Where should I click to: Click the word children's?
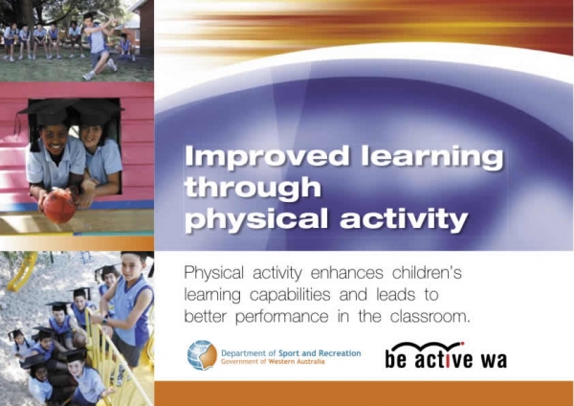(x=427, y=273)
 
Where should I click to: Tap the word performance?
(x=281, y=317)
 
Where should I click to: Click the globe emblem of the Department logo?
(x=202, y=355)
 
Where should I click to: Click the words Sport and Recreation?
(x=320, y=353)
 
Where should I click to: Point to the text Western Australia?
(x=297, y=362)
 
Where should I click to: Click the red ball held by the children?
(x=59, y=206)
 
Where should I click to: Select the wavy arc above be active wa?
(x=428, y=347)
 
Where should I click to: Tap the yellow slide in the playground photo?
(x=21, y=272)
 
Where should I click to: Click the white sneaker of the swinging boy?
(x=88, y=76)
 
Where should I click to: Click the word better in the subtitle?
(x=206, y=316)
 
